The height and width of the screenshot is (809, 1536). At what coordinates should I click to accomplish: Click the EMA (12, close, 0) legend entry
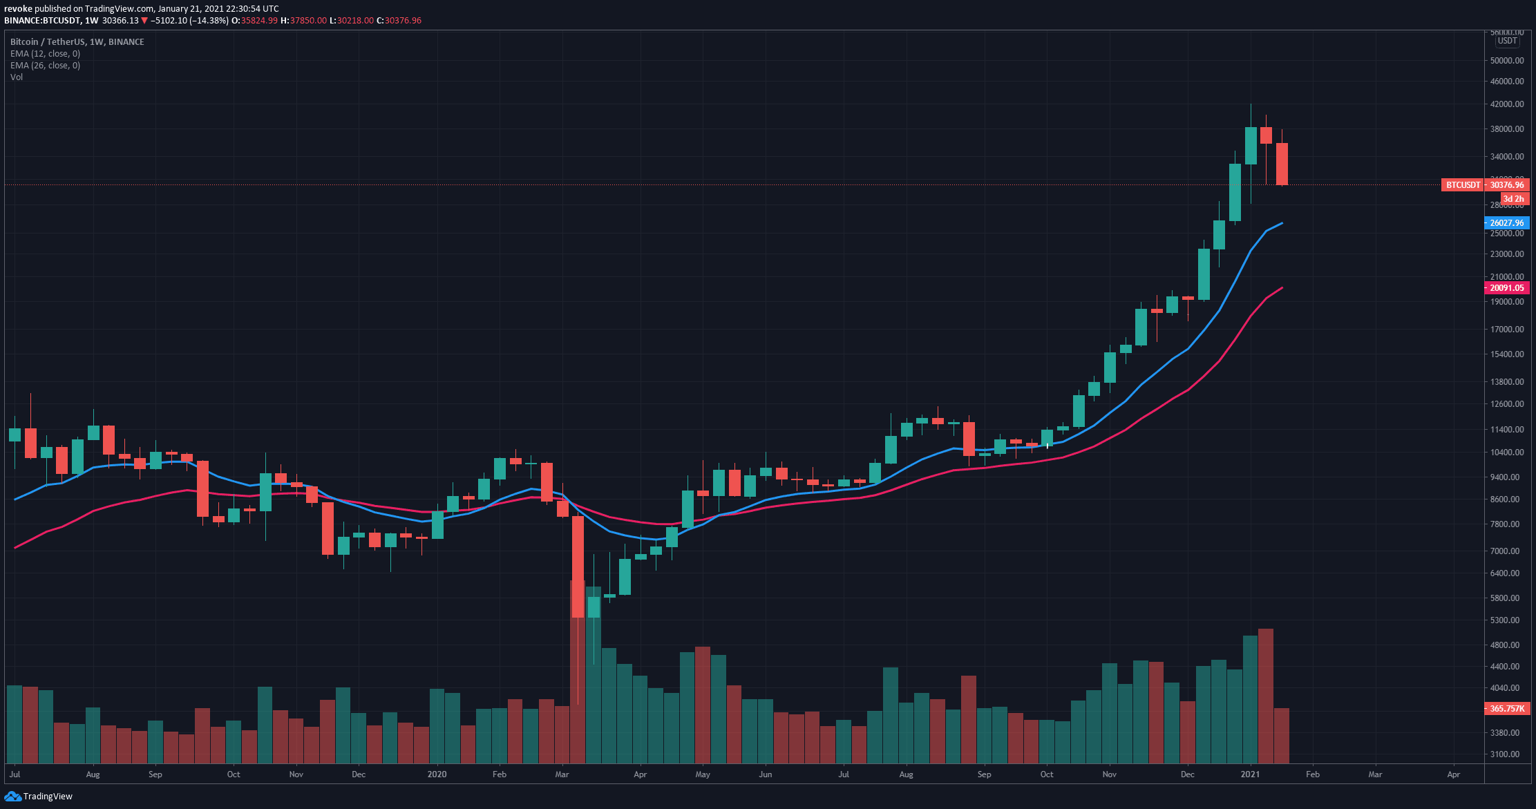pyautogui.click(x=45, y=54)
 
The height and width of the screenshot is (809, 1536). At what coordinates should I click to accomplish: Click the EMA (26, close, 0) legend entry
pyautogui.click(x=45, y=66)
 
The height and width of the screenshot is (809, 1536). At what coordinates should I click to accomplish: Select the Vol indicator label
pyautogui.click(x=17, y=77)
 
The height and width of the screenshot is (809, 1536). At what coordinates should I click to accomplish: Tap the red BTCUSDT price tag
pyautogui.click(x=1463, y=185)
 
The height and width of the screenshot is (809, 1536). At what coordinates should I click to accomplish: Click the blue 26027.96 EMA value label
pyautogui.click(x=1506, y=223)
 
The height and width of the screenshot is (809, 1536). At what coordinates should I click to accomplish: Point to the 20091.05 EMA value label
pyautogui.click(x=1506, y=288)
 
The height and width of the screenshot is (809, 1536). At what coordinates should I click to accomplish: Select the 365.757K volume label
pyautogui.click(x=1506, y=709)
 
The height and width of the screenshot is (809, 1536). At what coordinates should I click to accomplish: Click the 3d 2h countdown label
pyautogui.click(x=1513, y=199)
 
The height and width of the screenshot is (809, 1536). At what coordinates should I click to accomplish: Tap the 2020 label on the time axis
pyautogui.click(x=437, y=774)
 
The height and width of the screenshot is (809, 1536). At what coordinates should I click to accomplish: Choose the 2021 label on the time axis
pyautogui.click(x=1250, y=774)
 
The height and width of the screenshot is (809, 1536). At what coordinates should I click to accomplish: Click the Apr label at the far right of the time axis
pyautogui.click(x=1454, y=774)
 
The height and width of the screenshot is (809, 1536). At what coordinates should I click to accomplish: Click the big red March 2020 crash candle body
pyautogui.click(x=578, y=567)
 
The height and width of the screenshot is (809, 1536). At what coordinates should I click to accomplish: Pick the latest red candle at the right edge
pyautogui.click(x=1282, y=164)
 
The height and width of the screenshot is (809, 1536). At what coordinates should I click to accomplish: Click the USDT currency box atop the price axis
pyautogui.click(x=1507, y=41)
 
